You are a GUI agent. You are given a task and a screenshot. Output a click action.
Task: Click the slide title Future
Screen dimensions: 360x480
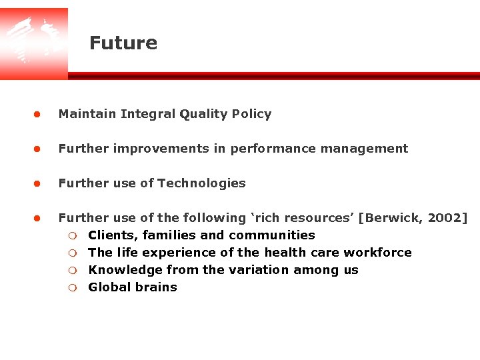(123, 43)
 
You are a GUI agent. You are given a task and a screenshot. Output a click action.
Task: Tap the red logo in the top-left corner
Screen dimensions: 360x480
(33, 43)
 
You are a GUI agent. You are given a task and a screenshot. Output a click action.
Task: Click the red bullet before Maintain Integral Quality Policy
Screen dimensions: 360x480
(38, 114)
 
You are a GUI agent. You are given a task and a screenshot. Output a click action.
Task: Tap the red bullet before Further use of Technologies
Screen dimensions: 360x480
(38, 183)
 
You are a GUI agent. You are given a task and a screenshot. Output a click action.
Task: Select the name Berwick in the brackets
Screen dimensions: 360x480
(391, 218)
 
